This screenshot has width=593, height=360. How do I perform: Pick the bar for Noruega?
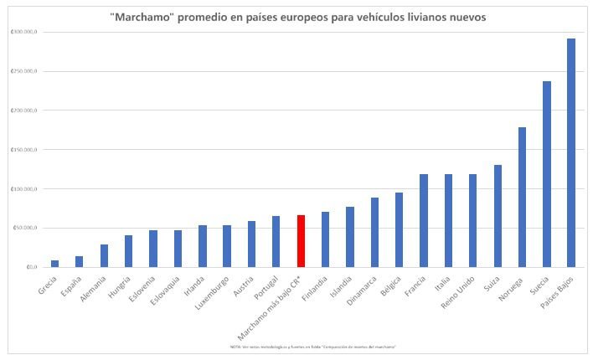click(x=522, y=198)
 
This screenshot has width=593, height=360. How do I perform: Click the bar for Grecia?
click(x=55, y=264)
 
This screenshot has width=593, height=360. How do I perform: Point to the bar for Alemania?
click(x=104, y=255)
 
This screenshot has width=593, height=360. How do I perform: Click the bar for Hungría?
click(x=128, y=251)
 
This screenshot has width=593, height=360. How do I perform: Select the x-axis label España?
click(x=73, y=285)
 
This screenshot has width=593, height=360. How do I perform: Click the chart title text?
click(x=297, y=17)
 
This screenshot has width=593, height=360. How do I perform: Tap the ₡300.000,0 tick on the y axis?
click(x=23, y=32)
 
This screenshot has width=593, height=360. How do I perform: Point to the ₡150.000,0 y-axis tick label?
click(x=23, y=150)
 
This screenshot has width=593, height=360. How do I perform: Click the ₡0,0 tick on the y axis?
click(x=28, y=267)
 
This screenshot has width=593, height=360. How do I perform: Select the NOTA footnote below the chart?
click(x=312, y=346)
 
